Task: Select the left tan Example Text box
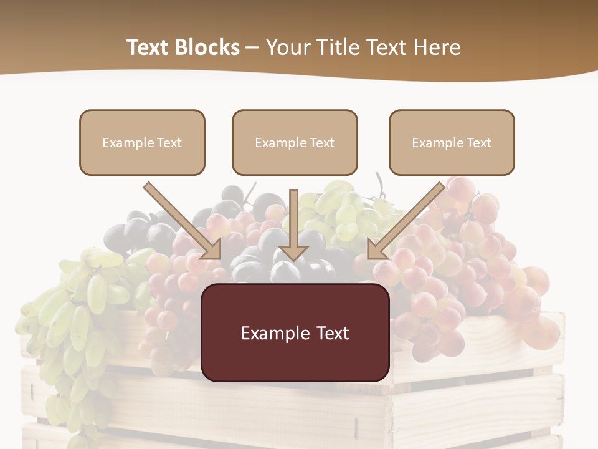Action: click(x=142, y=142)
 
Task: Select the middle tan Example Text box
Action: click(x=295, y=142)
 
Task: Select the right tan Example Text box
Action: click(x=452, y=142)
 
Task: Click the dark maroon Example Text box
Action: click(x=295, y=332)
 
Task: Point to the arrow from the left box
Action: click(x=181, y=220)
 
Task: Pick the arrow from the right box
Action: click(x=408, y=220)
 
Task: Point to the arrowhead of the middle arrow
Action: click(x=294, y=252)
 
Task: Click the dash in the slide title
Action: click(x=252, y=48)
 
